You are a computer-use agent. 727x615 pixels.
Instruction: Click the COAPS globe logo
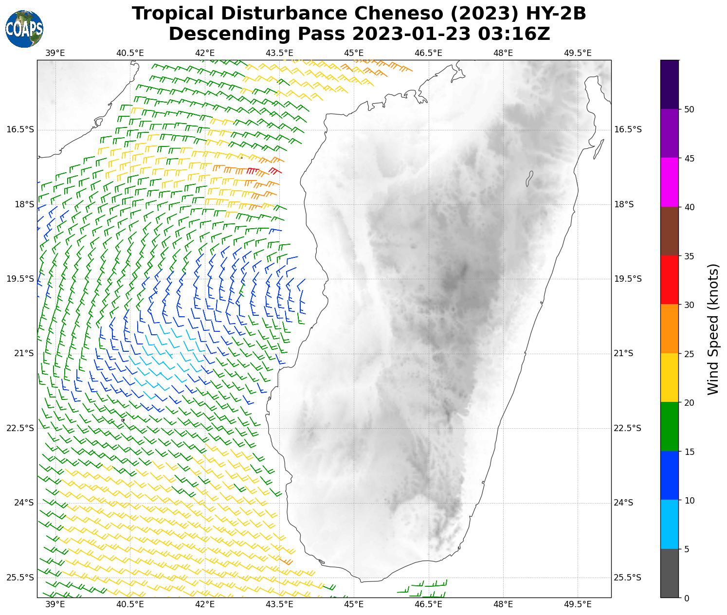24,29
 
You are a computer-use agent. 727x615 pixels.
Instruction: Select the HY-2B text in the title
554,14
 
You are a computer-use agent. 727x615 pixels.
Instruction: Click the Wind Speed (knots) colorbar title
713,329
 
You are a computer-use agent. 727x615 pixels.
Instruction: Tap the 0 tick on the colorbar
686,598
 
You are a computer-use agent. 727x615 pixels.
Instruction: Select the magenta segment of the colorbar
670,182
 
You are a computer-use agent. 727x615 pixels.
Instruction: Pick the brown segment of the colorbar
670,231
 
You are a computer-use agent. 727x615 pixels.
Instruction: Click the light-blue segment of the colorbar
670,525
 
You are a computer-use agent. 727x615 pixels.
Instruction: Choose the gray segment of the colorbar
670,573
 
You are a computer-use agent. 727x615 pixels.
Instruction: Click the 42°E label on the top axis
205,53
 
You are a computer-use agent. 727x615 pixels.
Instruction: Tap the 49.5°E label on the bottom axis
578,604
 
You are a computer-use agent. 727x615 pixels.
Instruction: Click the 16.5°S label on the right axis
628,129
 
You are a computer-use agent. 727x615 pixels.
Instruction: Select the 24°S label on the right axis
624,503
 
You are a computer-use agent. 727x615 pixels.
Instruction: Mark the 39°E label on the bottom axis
55,604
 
